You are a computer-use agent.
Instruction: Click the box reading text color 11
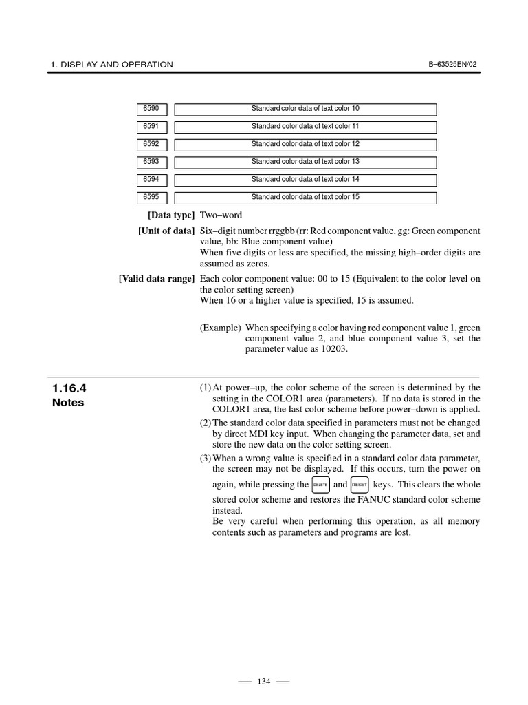tap(305, 127)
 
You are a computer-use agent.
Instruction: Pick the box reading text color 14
tap(305, 180)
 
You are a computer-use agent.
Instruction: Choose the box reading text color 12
tap(305, 145)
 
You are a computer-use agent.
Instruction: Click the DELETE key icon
tap(320, 485)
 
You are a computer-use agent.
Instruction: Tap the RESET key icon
tap(360, 485)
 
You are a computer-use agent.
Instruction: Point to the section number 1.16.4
tap(69, 389)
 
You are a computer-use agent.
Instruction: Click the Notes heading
tap(68, 403)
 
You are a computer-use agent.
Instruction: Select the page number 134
tap(263, 682)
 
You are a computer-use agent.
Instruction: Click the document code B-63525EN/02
tap(452, 65)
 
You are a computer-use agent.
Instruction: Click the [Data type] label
tap(166, 216)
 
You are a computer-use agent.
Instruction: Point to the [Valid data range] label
tap(156, 279)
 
